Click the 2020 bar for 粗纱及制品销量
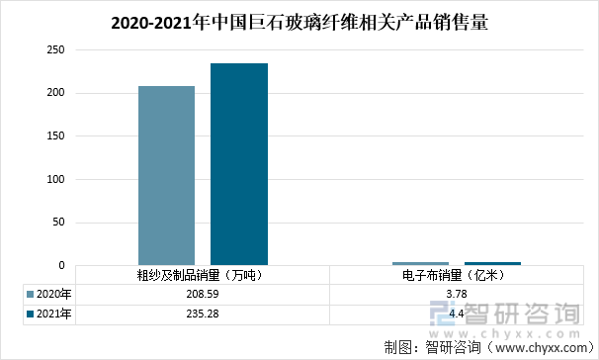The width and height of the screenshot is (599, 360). (166, 175)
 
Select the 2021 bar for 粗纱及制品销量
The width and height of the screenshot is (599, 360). (238, 164)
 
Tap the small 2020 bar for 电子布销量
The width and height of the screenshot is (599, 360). (406, 263)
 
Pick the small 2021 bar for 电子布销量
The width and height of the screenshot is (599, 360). (478, 263)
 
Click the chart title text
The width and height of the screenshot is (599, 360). (299, 20)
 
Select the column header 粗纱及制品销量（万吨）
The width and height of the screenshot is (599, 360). (202, 276)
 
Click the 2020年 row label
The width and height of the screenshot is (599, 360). (53, 294)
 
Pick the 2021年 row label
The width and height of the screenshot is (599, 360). (53, 314)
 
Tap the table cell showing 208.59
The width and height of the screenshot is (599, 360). (202, 294)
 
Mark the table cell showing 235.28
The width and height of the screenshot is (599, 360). (202, 314)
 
